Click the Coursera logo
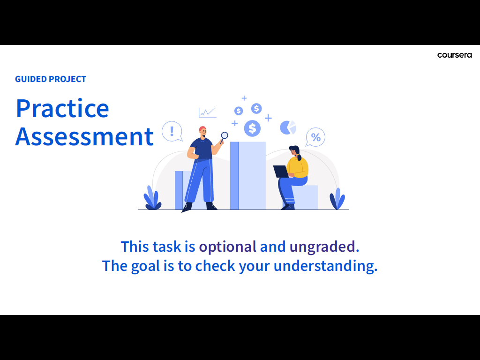coord(454,55)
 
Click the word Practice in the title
coord(62,108)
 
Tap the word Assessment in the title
coord(84,136)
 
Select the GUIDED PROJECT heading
coord(51,79)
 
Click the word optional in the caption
coord(227,247)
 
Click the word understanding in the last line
coord(325,266)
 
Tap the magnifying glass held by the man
coord(224,137)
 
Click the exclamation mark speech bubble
coord(172,131)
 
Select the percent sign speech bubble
coord(315,137)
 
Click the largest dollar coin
coord(252,128)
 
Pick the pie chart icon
coord(288,127)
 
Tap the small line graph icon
coord(208,112)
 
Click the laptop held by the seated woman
coord(281,172)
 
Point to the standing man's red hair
coord(202,128)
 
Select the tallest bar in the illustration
coord(247,175)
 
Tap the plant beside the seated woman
coord(337,199)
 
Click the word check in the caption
coord(215,266)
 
